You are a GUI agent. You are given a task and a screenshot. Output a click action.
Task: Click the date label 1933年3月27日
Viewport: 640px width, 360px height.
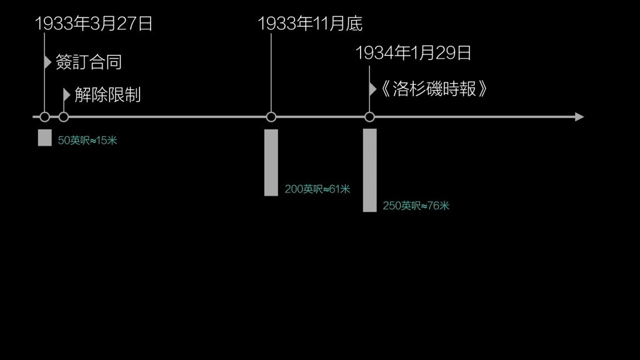pos(94,24)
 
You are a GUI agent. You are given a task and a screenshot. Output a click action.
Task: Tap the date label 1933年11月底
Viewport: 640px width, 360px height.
pos(310,24)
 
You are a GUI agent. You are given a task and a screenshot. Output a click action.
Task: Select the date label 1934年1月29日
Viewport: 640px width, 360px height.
pos(413,53)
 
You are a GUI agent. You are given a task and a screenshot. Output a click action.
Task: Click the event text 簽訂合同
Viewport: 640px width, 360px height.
pos(88,62)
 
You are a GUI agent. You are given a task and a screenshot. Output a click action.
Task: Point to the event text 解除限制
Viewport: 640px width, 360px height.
pos(107,95)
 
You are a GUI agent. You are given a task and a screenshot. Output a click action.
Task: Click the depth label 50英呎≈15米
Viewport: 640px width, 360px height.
pos(87,141)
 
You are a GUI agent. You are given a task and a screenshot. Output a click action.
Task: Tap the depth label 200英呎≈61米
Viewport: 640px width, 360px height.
pos(317,189)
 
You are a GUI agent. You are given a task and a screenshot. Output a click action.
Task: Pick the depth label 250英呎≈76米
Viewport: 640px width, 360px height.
pos(416,205)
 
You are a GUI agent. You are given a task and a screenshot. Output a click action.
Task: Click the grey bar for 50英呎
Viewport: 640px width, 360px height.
pos(44,137)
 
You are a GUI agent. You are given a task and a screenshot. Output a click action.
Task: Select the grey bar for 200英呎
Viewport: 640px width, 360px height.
pos(271,162)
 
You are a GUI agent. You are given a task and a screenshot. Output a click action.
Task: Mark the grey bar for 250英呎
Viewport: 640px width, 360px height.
pos(369,170)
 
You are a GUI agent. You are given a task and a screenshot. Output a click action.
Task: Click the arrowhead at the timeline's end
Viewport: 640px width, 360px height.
pos(579,117)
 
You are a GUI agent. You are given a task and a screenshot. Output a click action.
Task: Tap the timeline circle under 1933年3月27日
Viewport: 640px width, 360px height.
pos(44,117)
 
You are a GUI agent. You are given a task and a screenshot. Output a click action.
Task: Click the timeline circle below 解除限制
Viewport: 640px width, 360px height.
pos(63,117)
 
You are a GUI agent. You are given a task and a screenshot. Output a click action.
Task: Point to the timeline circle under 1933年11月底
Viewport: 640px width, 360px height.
pos(271,117)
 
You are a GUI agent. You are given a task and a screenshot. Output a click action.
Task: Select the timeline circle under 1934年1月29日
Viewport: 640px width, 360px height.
pos(369,117)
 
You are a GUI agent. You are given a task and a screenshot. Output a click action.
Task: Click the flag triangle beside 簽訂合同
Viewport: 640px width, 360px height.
pos(47,62)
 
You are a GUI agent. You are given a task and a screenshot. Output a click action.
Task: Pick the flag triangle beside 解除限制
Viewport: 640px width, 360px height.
pos(67,94)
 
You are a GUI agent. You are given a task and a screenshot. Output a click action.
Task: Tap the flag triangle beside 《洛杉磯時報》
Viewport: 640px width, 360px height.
pos(372,89)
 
